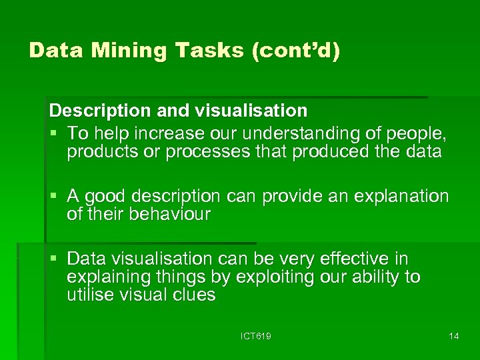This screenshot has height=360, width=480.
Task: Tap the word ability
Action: click(372, 277)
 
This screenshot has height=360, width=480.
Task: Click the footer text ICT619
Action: click(256, 337)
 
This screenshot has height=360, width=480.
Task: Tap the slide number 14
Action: click(454, 337)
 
